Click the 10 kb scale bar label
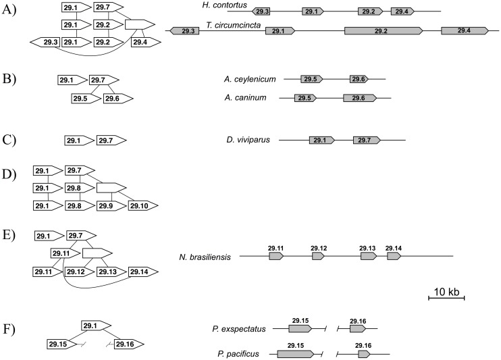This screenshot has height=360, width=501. (446, 292)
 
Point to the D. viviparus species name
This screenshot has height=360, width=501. (248, 140)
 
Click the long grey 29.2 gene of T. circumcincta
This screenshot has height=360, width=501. (383, 31)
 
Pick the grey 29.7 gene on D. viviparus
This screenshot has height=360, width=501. (367, 140)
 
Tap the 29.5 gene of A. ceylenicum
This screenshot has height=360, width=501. (311, 80)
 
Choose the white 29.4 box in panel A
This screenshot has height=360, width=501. (143, 42)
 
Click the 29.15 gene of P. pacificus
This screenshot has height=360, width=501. (295, 353)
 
